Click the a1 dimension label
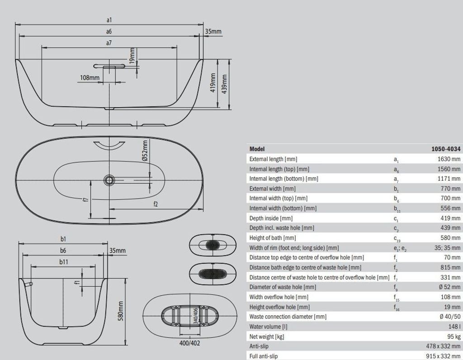[109, 20]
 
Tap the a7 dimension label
[109, 43]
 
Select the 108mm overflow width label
[90, 77]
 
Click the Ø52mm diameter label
[145, 151]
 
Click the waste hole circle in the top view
[109, 180]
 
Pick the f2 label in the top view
[156, 204]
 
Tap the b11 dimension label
[63, 261]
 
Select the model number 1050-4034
[446, 149]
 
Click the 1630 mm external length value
[449, 159]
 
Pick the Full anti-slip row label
[264, 356]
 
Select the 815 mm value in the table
[450, 267]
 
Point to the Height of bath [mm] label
[273, 238]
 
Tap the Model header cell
[257, 149]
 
